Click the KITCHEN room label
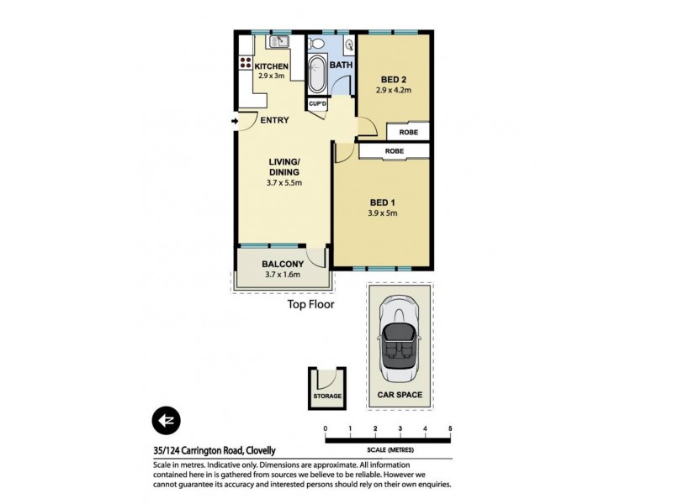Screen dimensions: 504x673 [272, 66]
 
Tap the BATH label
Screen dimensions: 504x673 [341, 65]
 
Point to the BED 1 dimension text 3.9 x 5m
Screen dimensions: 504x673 [383, 213]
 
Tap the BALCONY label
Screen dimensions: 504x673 [282, 264]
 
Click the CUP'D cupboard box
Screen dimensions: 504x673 [317, 104]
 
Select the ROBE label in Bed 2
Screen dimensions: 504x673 [408, 132]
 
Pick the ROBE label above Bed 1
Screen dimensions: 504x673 [394, 151]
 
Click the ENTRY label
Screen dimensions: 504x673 [274, 120]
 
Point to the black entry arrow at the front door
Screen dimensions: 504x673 [234, 121]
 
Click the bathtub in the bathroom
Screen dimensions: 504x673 [317, 74]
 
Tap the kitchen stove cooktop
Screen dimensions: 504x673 [246, 61]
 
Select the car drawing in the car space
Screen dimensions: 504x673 [399, 339]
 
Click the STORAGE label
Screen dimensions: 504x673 [327, 396]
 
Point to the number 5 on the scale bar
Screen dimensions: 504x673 [450, 429]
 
